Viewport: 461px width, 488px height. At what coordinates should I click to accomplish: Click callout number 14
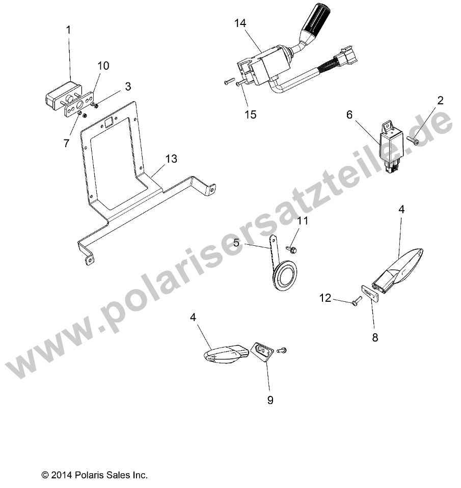(x=240, y=23)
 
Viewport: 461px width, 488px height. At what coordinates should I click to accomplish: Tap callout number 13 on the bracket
(x=171, y=159)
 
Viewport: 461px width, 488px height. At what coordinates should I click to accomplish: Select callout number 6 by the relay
(x=349, y=115)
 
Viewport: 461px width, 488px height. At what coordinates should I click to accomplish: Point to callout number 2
(x=440, y=101)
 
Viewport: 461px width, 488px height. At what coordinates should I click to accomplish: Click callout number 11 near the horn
(x=303, y=221)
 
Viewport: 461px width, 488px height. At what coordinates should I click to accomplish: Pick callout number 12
(x=325, y=298)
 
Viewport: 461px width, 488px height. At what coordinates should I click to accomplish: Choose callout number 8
(x=375, y=337)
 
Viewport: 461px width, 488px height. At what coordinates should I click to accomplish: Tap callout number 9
(x=270, y=400)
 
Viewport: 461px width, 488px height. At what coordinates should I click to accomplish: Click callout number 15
(x=251, y=114)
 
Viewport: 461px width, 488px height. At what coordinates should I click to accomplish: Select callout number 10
(x=103, y=66)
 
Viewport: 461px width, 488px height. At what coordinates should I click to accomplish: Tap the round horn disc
(x=286, y=275)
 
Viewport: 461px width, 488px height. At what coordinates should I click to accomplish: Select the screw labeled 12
(x=357, y=301)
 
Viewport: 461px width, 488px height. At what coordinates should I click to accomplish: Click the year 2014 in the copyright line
(x=62, y=476)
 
